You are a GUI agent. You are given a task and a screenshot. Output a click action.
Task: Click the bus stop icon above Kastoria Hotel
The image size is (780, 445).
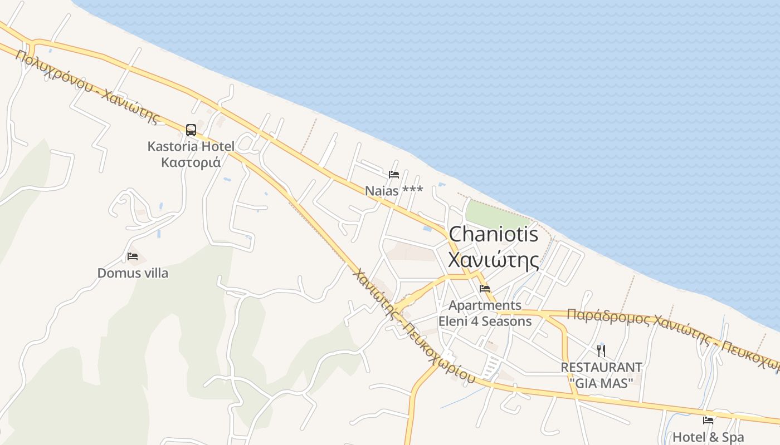(x=191, y=130)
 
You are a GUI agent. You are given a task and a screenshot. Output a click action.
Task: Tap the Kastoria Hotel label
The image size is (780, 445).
(x=191, y=147)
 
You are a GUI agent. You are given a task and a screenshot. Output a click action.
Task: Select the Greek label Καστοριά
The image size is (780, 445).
(x=191, y=162)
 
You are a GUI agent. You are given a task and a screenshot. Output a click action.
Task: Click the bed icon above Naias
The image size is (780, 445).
(x=394, y=175)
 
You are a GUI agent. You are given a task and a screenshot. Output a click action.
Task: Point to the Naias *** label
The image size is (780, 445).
(x=393, y=191)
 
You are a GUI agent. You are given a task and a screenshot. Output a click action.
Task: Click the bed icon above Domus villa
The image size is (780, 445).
(x=133, y=256)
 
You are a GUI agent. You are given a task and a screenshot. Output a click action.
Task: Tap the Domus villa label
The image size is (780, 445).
(x=133, y=273)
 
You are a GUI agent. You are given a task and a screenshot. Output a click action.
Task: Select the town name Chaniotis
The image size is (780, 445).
(x=494, y=234)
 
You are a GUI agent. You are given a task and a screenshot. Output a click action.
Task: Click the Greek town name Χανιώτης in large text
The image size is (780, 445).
(x=494, y=260)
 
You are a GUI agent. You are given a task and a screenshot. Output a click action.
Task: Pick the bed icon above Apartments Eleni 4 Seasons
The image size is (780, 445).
(x=485, y=289)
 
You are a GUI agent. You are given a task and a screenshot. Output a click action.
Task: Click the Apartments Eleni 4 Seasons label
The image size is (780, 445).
(x=485, y=313)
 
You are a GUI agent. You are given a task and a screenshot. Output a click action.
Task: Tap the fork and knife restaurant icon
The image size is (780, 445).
(x=601, y=350)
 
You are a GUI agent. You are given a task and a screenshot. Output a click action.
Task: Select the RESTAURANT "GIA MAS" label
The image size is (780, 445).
(x=601, y=375)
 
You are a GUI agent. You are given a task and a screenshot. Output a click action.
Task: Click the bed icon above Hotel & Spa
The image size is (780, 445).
(x=708, y=421)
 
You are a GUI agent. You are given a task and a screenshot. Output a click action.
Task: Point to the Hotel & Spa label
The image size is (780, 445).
(x=708, y=437)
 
